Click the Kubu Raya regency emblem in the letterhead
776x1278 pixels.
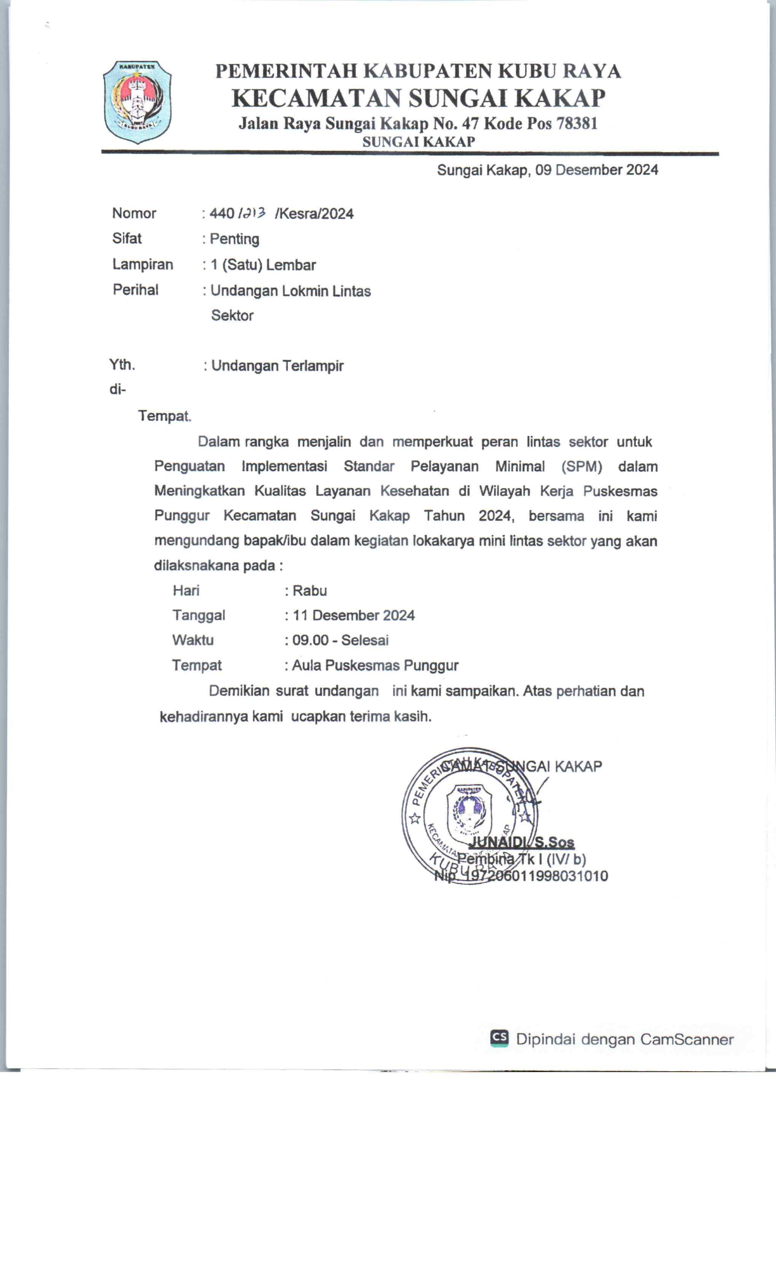click(x=137, y=101)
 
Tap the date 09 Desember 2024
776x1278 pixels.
click(x=597, y=170)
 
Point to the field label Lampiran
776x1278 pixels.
click(x=143, y=264)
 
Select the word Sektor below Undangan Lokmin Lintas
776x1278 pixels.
click(x=232, y=316)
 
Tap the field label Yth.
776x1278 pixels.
click(x=122, y=365)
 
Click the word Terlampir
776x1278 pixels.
click(x=313, y=366)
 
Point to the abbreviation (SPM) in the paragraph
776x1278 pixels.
click(x=581, y=467)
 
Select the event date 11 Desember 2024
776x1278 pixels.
click(x=354, y=616)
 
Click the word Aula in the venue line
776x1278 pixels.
click(x=306, y=666)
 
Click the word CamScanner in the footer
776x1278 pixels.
click(x=687, y=1039)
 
